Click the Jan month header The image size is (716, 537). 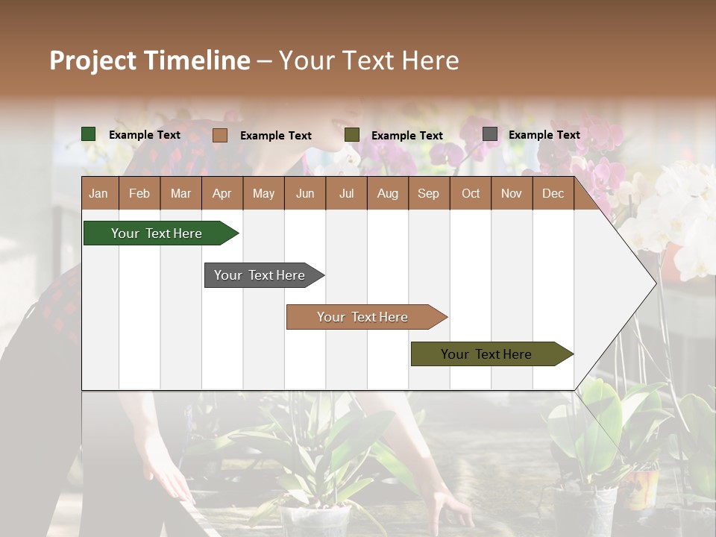[x=98, y=193]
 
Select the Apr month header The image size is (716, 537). [x=222, y=193]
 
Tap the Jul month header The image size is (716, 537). [x=346, y=193]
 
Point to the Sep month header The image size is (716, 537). [x=428, y=193]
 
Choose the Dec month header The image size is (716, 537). [x=553, y=193]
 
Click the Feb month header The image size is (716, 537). [x=139, y=193]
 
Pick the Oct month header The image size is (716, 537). [x=471, y=193]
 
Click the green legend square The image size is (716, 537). [x=89, y=134]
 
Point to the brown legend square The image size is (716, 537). [x=220, y=135]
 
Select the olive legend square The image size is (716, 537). [x=352, y=135]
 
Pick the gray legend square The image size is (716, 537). [x=490, y=134]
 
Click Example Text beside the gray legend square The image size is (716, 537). [x=544, y=135]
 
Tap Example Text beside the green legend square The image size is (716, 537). [x=145, y=135]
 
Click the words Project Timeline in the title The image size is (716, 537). [x=150, y=60]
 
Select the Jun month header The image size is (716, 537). [x=305, y=193]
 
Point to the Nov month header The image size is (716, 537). [x=512, y=193]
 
